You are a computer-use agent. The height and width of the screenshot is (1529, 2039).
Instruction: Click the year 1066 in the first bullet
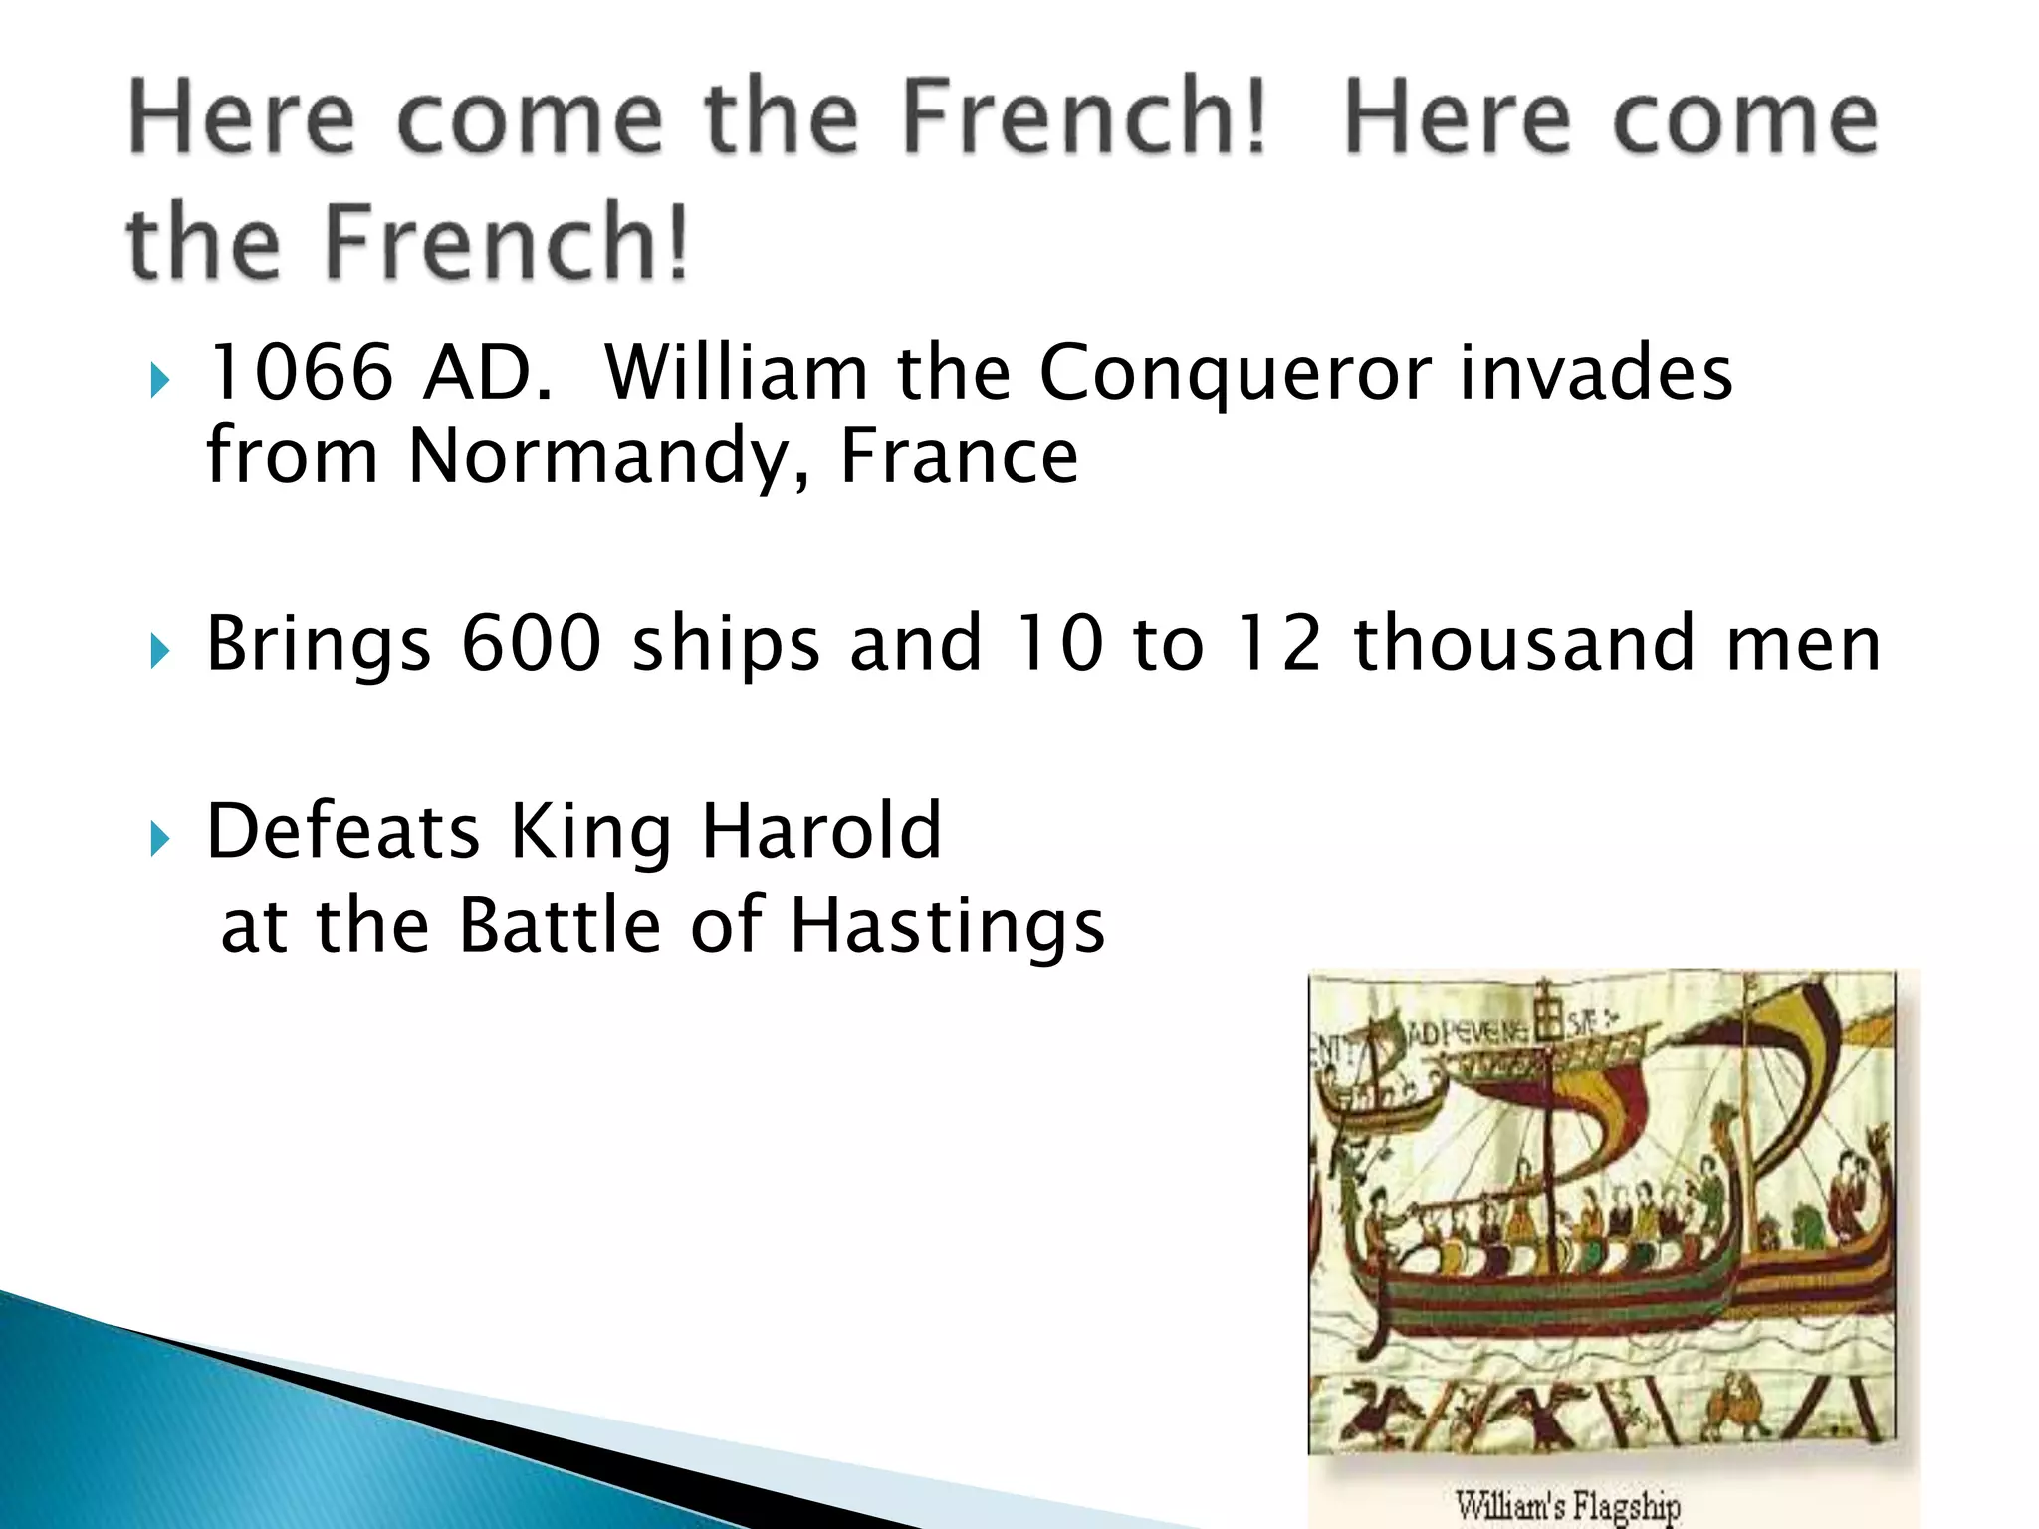click(301, 372)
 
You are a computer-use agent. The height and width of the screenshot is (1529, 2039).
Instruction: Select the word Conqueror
click(1235, 374)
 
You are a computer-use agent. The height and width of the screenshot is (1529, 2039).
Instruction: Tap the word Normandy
click(607, 456)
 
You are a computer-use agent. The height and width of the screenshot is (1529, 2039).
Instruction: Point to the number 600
click(531, 643)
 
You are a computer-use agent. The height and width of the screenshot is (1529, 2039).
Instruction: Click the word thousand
click(1523, 643)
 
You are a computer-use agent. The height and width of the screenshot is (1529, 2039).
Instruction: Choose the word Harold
click(821, 830)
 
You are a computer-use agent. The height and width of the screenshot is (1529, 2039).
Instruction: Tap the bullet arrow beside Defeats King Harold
click(159, 839)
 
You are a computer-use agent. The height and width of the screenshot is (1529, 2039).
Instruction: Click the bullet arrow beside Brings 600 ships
click(159, 652)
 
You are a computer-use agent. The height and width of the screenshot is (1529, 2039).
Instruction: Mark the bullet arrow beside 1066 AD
click(159, 381)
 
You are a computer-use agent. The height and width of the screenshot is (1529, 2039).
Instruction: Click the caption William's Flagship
click(1567, 1505)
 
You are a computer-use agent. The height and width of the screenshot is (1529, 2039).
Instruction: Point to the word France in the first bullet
click(959, 456)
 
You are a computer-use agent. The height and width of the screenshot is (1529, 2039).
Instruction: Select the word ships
click(726, 645)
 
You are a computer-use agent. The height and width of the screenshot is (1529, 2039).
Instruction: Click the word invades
click(1595, 372)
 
